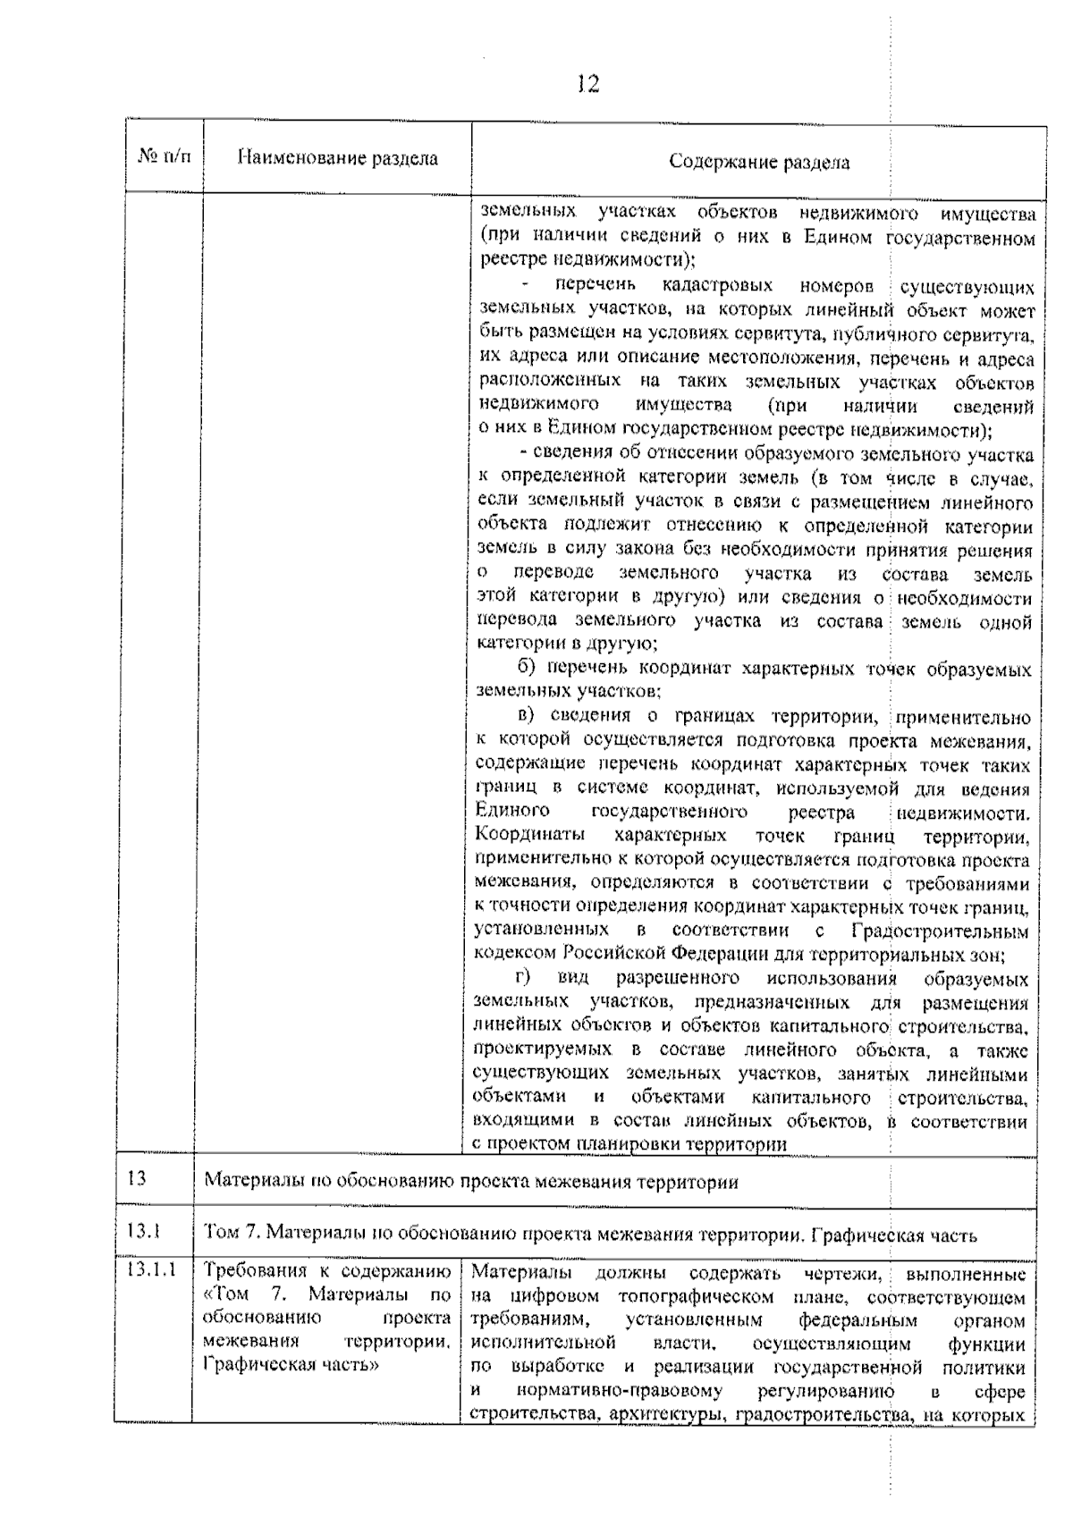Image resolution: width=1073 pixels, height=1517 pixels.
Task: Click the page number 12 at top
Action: pos(587,85)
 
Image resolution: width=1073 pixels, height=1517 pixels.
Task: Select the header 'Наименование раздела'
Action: pos(337,159)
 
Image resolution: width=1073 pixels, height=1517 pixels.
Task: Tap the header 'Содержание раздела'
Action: pos(759,162)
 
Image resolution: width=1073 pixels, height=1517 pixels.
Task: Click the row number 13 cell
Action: pos(137,1177)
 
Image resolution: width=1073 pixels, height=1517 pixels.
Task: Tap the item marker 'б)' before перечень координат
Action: pos(529,668)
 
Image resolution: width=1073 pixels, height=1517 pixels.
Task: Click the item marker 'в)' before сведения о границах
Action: pos(529,716)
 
